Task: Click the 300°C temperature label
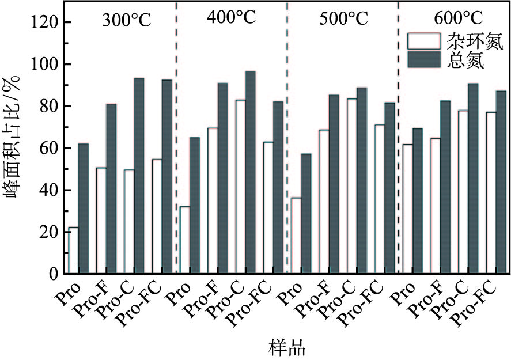[x=127, y=20]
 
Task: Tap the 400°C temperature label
[x=230, y=18]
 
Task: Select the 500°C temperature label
[x=343, y=19]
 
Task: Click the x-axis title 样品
[x=286, y=347]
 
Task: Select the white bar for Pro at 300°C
[x=73, y=250]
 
